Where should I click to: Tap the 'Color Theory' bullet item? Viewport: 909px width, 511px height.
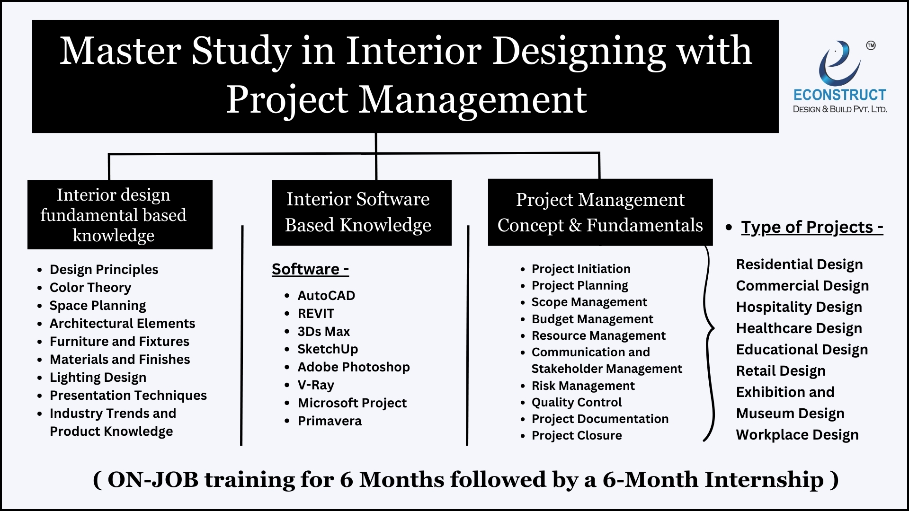(x=90, y=288)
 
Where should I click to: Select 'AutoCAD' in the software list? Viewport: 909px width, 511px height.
(x=326, y=296)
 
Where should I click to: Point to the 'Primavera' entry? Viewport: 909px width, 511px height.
(x=330, y=421)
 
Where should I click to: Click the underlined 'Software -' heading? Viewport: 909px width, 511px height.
(x=311, y=269)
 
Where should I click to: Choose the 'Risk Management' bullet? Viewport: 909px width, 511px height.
(x=583, y=386)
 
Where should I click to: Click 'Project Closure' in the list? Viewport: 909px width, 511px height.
(x=577, y=435)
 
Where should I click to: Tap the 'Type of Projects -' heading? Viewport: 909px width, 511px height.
(x=812, y=227)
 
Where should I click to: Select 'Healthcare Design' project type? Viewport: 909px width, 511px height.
(x=799, y=328)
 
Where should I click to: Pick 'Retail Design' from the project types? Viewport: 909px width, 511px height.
(x=781, y=371)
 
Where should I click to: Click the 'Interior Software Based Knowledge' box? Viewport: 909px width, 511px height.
(x=362, y=212)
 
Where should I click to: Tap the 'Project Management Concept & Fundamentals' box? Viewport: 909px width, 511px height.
(x=600, y=212)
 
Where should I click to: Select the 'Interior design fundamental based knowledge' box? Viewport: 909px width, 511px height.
(x=120, y=215)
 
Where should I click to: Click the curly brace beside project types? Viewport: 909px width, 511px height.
(x=709, y=343)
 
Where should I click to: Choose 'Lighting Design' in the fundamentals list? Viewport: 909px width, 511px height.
(x=98, y=378)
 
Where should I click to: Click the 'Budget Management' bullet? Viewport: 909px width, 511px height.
(x=592, y=319)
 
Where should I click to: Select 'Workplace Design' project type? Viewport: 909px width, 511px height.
(x=797, y=435)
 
